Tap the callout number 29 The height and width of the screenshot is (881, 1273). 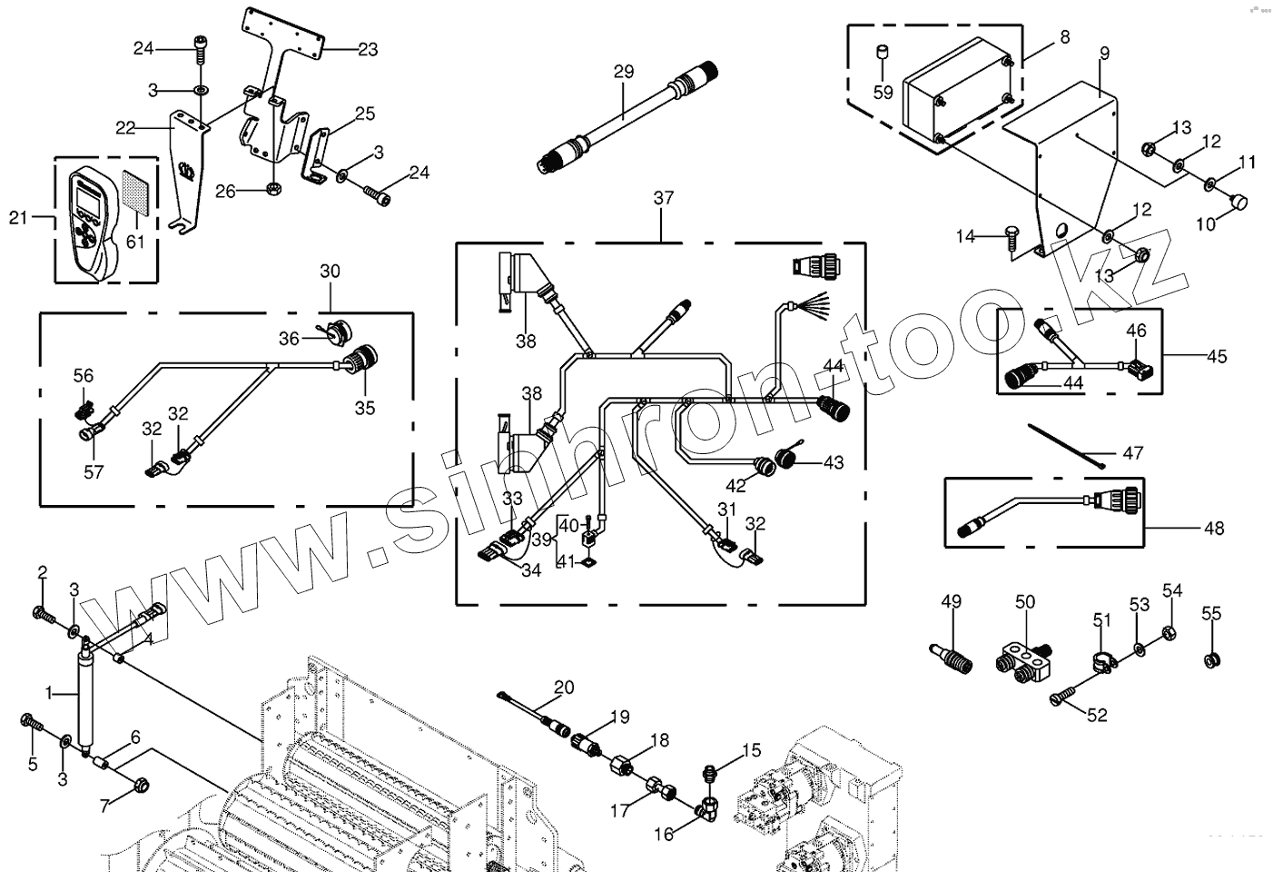pyautogui.click(x=623, y=72)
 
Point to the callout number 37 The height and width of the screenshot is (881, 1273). pyautogui.click(x=663, y=199)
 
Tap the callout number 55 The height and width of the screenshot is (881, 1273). pyautogui.click(x=1211, y=613)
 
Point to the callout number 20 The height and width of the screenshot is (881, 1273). pyautogui.click(x=564, y=688)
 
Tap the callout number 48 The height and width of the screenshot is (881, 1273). pyautogui.click(x=1213, y=528)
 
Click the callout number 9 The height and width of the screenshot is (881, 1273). pyautogui.click(x=1104, y=54)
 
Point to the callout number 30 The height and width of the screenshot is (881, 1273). pyautogui.click(x=330, y=272)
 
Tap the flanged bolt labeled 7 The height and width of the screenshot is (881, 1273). pyautogui.click(x=141, y=783)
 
